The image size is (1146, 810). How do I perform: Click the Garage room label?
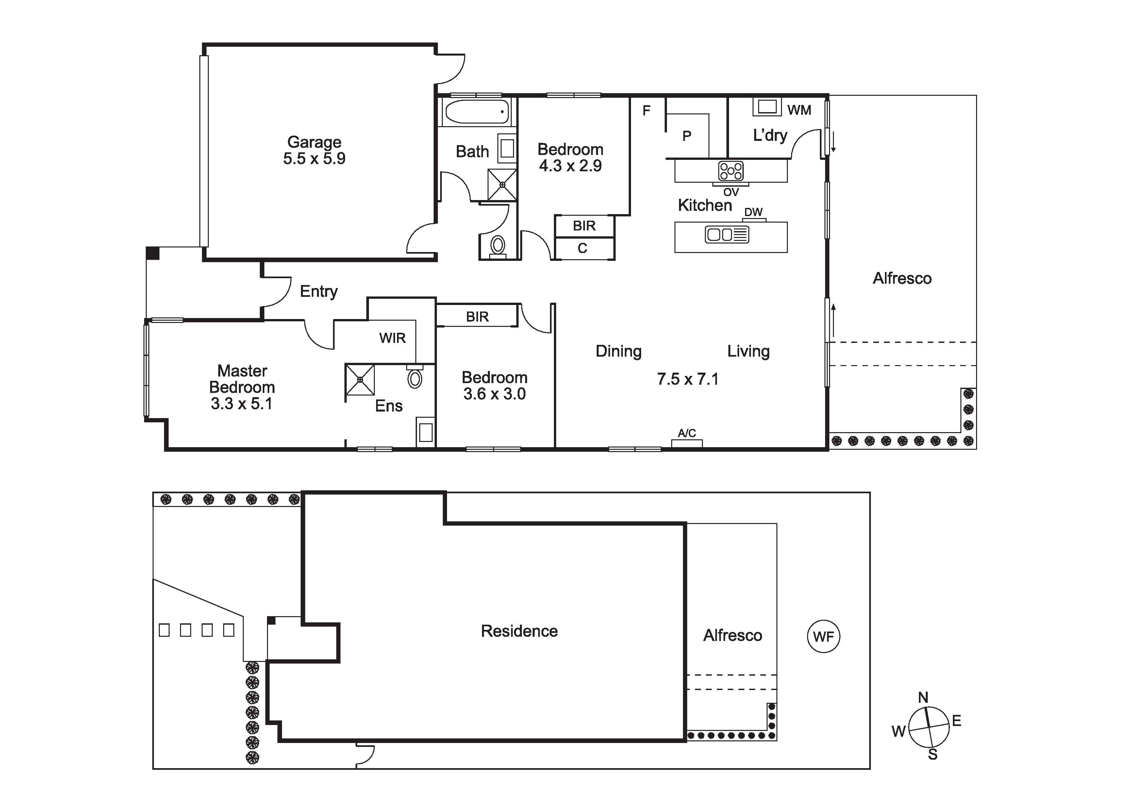[314, 142]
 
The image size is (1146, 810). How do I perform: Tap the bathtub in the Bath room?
[477, 111]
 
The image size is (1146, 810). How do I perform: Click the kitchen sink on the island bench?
[727, 234]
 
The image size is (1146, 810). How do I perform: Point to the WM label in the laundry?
[799, 110]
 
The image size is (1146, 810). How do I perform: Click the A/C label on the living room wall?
[687, 433]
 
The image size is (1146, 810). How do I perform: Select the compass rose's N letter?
[923, 698]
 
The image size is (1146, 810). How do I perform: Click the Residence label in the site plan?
[519, 631]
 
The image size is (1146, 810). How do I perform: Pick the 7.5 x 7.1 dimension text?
[688, 379]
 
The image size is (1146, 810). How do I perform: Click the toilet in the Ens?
[415, 377]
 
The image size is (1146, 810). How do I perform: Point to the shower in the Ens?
[360, 380]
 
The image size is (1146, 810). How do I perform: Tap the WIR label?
[392, 338]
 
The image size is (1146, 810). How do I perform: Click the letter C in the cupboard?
[583, 248]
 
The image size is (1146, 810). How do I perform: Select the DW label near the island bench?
[753, 212]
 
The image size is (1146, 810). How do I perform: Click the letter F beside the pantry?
[646, 110]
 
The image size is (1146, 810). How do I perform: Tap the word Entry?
[319, 292]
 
